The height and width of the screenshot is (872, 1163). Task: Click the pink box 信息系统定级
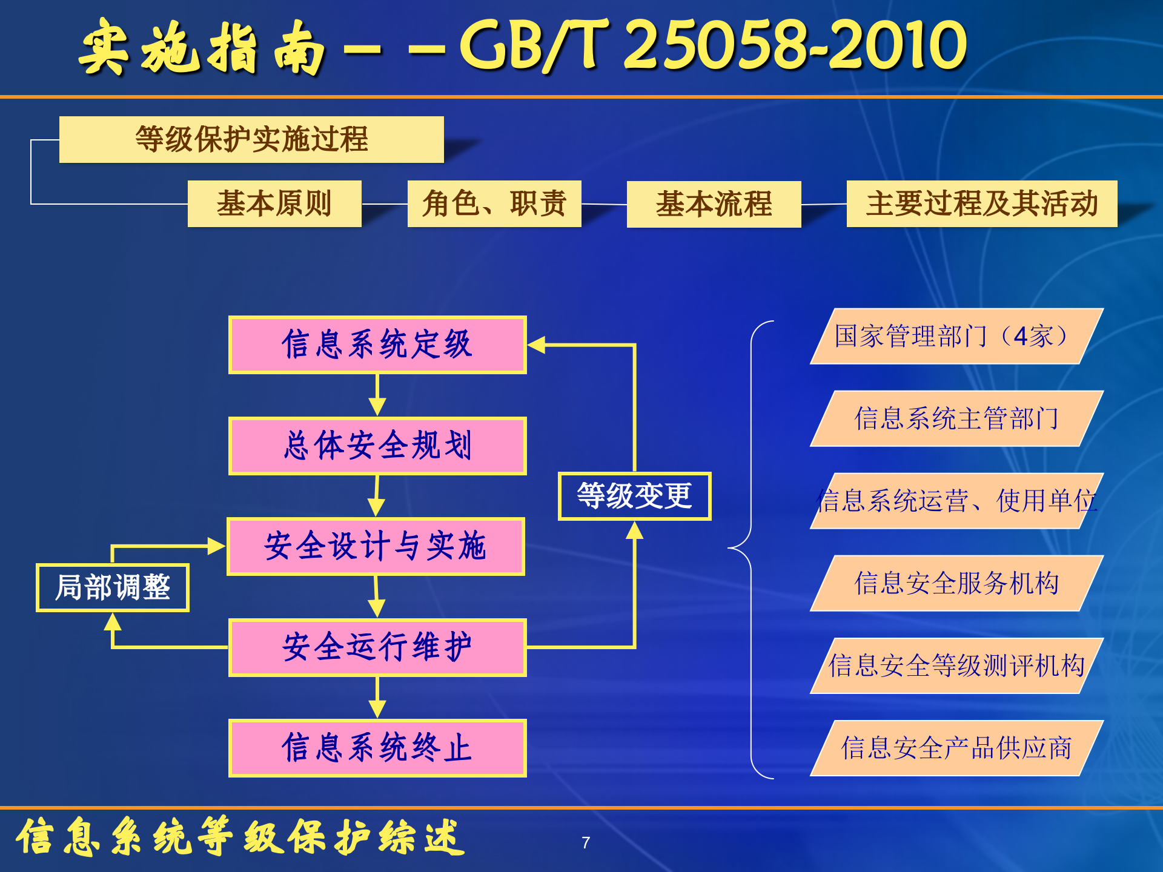point(377,345)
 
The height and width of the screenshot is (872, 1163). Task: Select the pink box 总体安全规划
point(377,446)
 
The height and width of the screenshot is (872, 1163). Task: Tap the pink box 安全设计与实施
point(376,546)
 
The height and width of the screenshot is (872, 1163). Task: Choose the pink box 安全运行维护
point(377,647)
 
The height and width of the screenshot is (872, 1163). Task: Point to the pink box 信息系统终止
point(377,748)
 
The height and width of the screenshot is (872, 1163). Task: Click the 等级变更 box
point(634,496)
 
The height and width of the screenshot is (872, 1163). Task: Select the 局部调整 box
point(113,587)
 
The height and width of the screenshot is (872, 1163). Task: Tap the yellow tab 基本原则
point(274,203)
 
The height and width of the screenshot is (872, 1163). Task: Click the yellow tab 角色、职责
point(494,203)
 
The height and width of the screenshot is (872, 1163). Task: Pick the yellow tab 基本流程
point(714,204)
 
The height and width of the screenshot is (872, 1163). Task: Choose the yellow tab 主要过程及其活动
point(981,203)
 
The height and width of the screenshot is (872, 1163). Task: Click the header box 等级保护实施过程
point(251,139)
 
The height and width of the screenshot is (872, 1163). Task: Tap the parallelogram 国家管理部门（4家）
point(956,336)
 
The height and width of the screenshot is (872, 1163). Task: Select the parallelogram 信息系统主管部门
point(956,418)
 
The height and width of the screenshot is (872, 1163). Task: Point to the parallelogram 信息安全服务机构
point(956,583)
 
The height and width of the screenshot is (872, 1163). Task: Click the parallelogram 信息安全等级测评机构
point(956,666)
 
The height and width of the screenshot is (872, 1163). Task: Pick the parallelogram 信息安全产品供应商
point(956,748)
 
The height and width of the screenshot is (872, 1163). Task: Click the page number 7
point(586,842)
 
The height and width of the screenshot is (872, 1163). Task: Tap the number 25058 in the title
point(717,45)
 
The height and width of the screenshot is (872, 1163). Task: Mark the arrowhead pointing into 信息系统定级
point(536,345)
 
